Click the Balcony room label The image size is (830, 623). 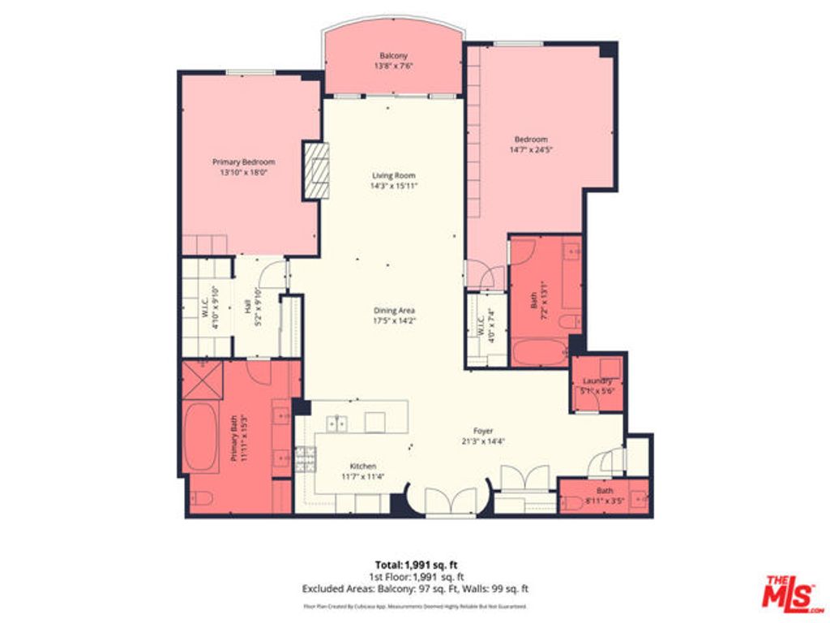pos(393,56)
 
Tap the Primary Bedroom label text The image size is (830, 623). pos(243,161)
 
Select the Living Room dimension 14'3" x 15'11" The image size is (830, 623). pos(394,186)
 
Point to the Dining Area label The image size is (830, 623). pos(394,310)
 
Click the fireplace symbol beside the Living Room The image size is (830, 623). pos(317,170)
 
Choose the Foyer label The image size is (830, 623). pos(483,431)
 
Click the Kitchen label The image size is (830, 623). pos(362,466)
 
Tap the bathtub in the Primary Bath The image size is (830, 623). pos(200,437)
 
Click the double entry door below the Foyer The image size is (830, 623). pos(447,501)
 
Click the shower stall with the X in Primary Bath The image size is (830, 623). pos(202,380)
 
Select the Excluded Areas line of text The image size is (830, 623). pos(416,589)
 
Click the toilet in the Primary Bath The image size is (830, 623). pos(200,497)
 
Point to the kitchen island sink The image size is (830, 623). pos(337,423)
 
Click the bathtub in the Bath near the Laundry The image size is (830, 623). pos(541,352)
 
